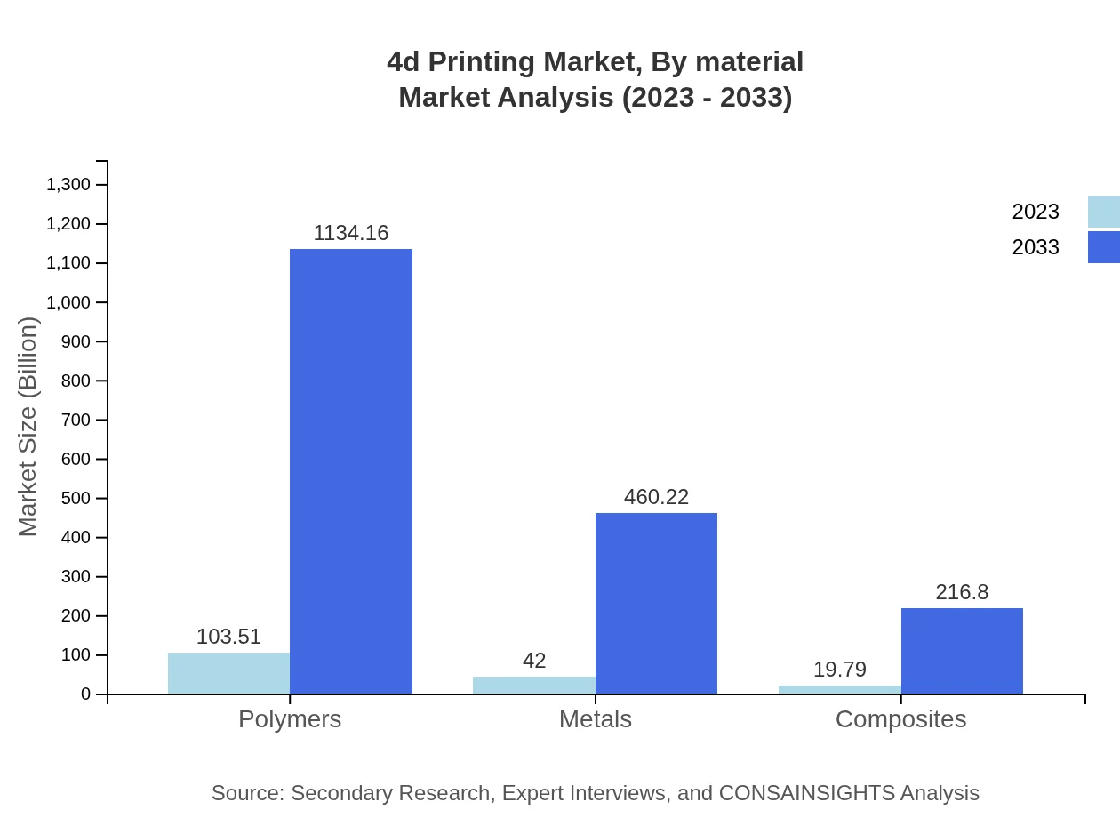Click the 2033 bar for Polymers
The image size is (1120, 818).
351,471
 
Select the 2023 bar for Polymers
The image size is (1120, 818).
228,673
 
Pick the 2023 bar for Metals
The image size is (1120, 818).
533,685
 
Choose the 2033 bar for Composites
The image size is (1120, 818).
962,651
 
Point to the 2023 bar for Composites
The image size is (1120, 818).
839,689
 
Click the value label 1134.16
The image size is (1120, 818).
351,233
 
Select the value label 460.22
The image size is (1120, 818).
656,497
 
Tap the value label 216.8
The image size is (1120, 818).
962,592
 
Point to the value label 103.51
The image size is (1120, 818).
228,637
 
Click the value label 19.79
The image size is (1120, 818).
839,670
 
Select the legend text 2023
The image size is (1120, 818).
1036,212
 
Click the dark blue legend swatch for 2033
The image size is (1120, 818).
1103,247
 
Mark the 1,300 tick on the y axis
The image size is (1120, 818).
68,185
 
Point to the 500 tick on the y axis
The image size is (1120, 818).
76,498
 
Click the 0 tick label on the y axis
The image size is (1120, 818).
86,694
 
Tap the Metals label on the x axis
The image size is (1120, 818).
595,719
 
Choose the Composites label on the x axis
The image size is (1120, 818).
900,719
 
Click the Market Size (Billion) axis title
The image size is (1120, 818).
28,427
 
